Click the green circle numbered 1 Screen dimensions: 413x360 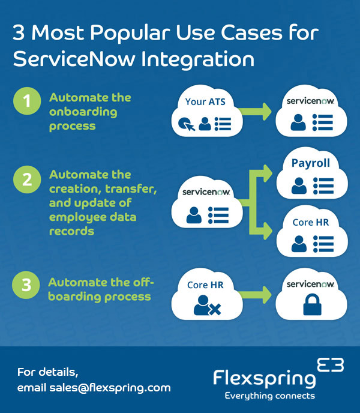(x=26, y=101)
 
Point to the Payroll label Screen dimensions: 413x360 (x=311, y=163)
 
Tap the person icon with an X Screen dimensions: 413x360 (x=207, y=307)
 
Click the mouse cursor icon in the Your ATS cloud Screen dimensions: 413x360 (x=185, y=124)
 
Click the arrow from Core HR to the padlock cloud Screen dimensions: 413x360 (x=257, y=294)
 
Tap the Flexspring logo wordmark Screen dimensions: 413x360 (x=264, y=378)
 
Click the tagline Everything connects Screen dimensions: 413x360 (x=269, y=396)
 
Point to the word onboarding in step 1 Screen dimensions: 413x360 (x=83, y=112)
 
